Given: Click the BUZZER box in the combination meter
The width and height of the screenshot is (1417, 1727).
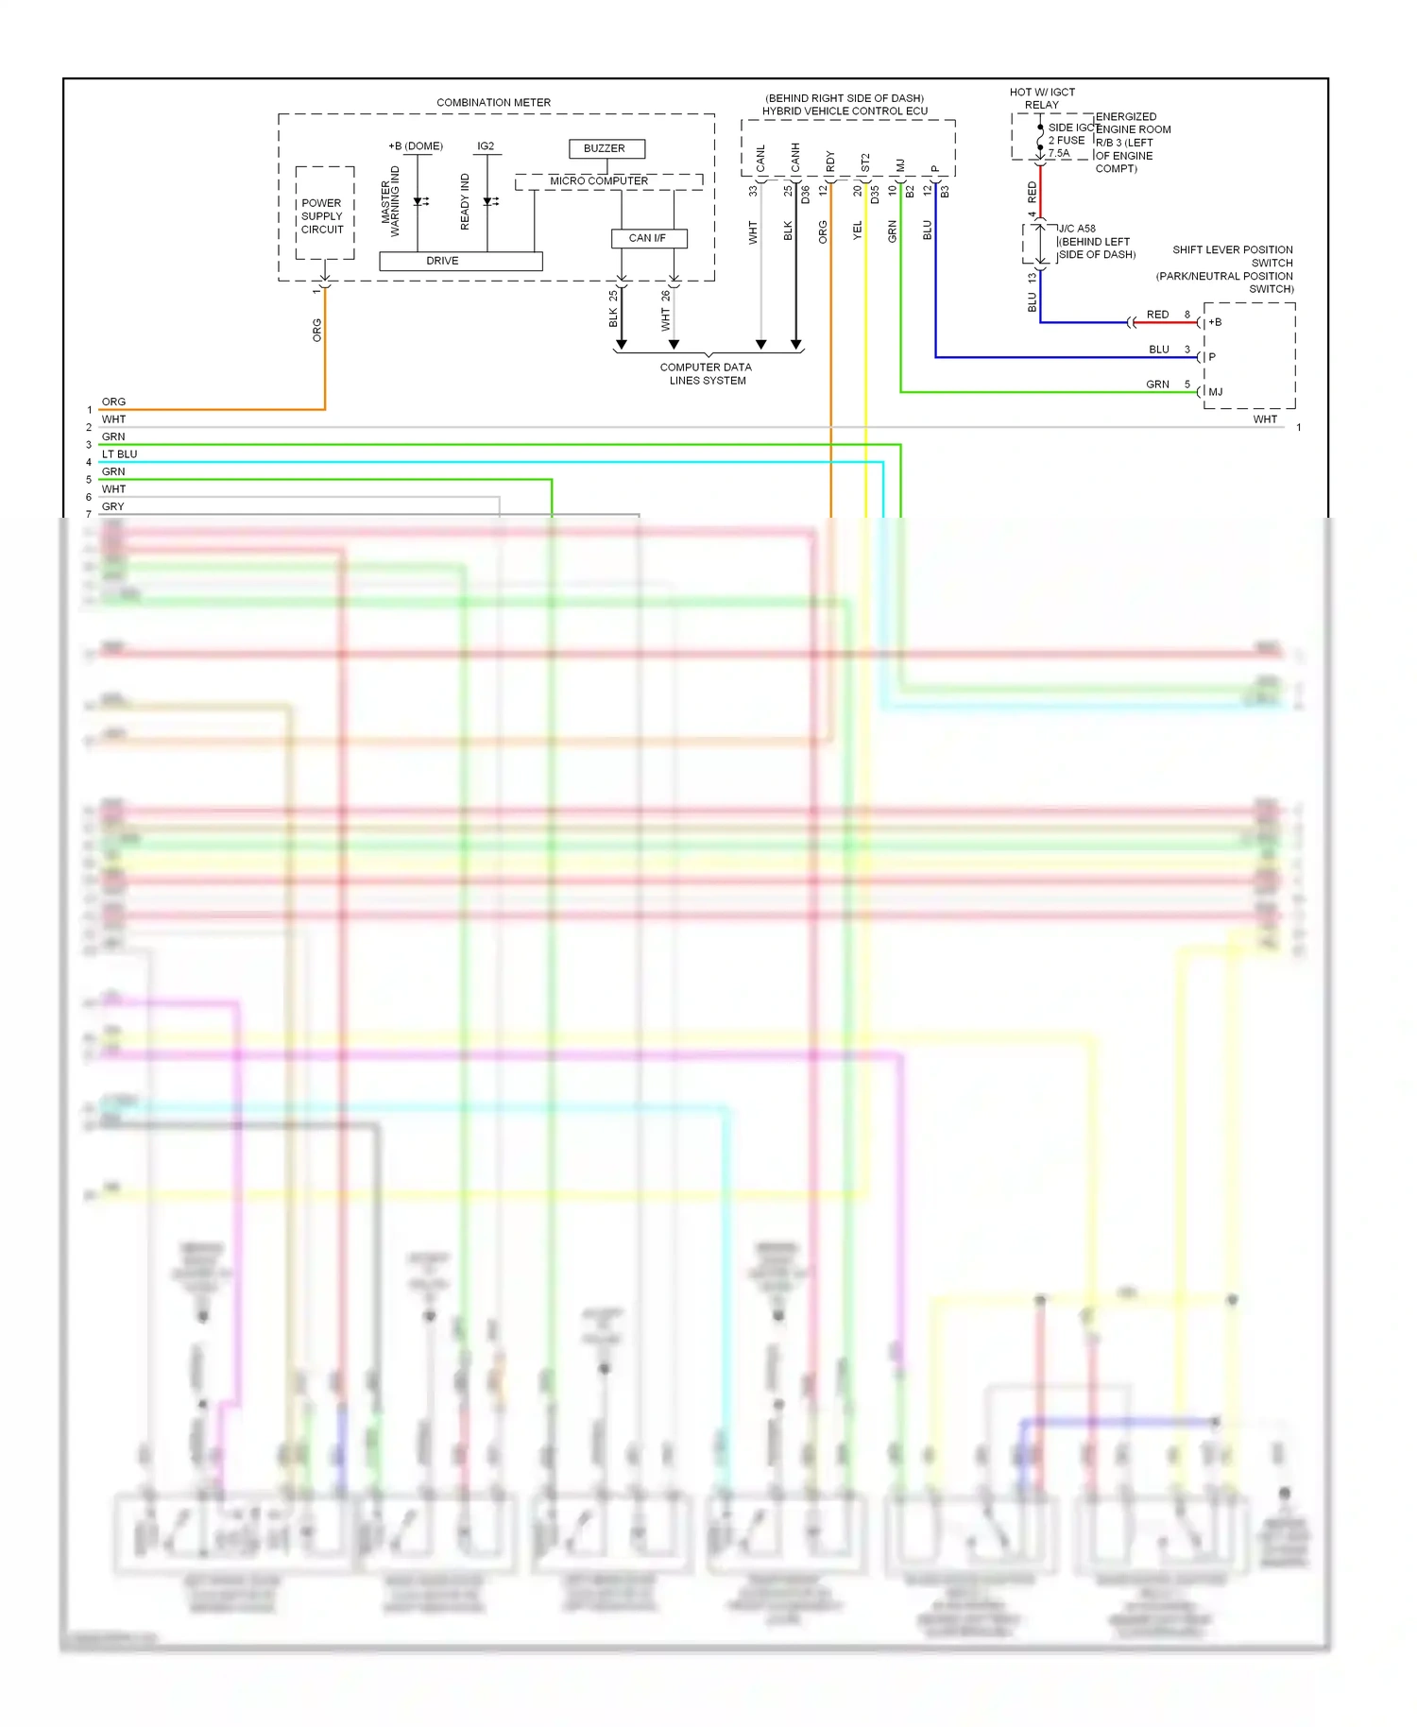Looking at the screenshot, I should (606, 148).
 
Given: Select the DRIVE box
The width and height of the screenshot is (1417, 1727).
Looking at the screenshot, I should (461, 261).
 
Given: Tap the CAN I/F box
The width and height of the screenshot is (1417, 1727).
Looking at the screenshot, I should (648, 238).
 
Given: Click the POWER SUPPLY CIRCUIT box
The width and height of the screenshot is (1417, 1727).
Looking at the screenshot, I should (324, 216).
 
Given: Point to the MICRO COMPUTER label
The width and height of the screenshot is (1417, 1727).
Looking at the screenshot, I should (599, 180).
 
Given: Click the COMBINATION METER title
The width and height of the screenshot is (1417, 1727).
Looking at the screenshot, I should (493, 102).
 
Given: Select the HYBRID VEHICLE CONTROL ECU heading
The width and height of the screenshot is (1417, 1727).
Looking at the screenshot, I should (845, 111).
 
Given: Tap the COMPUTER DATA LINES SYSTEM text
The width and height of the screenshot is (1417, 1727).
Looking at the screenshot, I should (707, 374).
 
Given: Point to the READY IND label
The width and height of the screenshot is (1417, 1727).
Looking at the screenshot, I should (465, 201).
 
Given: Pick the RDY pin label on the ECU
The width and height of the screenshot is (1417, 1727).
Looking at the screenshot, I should (830, 162).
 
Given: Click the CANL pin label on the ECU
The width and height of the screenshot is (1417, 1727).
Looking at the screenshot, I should (761, 159).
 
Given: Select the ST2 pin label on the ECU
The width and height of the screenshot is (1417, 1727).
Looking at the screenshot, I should (865, 163).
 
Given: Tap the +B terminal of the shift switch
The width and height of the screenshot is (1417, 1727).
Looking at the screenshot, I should (1215, 322).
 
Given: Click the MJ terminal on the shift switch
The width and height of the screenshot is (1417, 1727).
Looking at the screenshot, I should (1216, 391).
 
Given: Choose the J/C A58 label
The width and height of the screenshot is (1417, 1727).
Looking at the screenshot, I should (1077, 229).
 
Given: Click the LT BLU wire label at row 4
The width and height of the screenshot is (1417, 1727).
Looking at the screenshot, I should (120, 454).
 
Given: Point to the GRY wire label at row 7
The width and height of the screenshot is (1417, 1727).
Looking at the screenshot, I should (113, 506).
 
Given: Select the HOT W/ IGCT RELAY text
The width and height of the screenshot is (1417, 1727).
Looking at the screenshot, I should (1042, 98).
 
